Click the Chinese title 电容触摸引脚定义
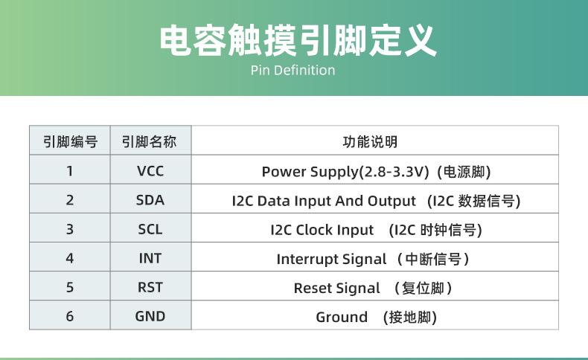[298, 41]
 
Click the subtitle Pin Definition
[293, 71]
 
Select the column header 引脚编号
[70, 141]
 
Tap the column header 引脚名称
[150, 141]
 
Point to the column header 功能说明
[374, 141]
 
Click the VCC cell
[150, 171]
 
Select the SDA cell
[150, 200]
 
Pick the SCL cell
[150, 230]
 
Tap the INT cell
[150, 259]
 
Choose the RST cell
[150, 288]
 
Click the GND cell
[150, 317]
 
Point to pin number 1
[70, 171]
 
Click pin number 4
[70, 259]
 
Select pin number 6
[70, 317]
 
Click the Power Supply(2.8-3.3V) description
[345, 172]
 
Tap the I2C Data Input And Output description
[324, 201]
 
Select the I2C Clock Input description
[322, 230]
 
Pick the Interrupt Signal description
[331, 259]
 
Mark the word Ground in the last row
[342, 318]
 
